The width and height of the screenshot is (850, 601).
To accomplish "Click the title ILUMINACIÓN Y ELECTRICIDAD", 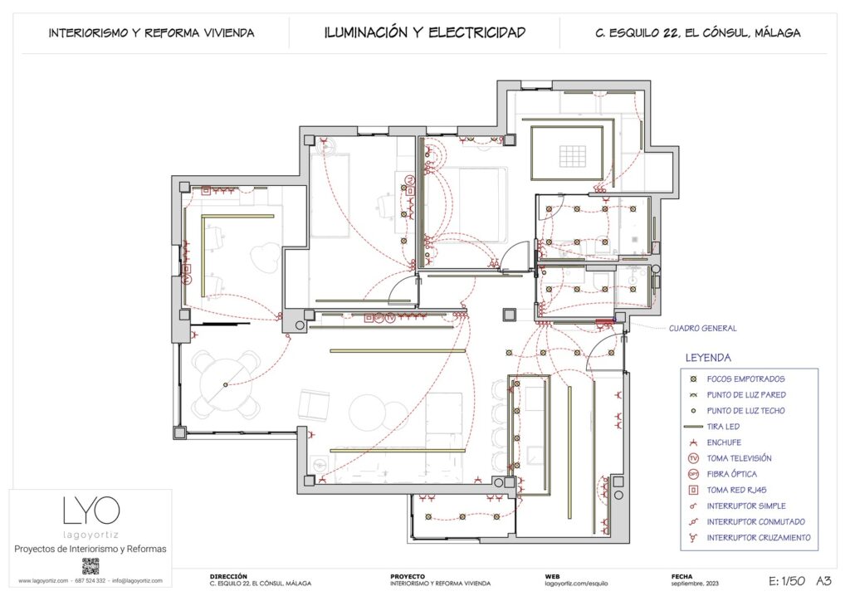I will coord(424,32).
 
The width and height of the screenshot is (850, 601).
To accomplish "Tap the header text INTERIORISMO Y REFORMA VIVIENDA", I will coord(151,33).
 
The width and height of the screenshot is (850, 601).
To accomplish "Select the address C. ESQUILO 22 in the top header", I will coord(697,33).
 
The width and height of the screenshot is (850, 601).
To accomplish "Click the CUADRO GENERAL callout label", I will coord(702,328).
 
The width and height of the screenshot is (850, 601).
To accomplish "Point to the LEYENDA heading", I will coord(707,358).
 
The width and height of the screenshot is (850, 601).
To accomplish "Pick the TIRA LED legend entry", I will coord(722,427).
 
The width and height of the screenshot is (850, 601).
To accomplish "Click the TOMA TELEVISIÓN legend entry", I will coord(739,458).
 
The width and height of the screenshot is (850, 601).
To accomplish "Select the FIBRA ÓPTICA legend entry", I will coord(731,474).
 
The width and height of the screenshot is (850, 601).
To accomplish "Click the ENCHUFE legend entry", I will coord(724,442).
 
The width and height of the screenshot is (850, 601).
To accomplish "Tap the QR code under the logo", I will coord(90,566).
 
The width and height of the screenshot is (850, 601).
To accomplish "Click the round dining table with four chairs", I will coord(225,384).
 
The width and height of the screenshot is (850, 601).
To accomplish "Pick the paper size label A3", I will coord(824,581).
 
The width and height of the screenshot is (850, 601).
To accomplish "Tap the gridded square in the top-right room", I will coord(572,155).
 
